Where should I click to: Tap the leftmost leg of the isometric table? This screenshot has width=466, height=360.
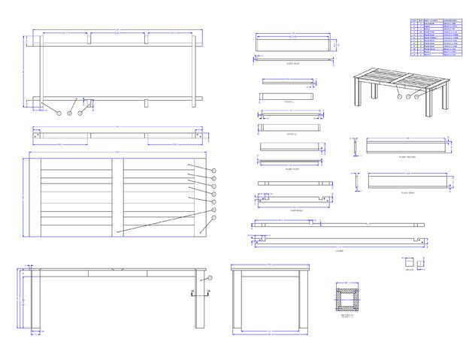click(x=357, y=95)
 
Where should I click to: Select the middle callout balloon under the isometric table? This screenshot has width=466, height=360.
click(x=408, y=97)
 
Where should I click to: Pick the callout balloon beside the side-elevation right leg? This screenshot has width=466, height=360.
click(x=210, y=277)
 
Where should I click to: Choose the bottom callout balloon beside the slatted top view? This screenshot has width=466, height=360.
click(x=213, y=219)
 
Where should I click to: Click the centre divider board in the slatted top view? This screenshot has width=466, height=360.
click(x=117, y=196)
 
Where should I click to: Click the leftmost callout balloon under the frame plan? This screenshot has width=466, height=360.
click(x=59, y=113)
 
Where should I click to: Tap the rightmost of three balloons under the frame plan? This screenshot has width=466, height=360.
click(x=79, y=113)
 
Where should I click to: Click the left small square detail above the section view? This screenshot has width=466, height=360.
click(x=407, y=263)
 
